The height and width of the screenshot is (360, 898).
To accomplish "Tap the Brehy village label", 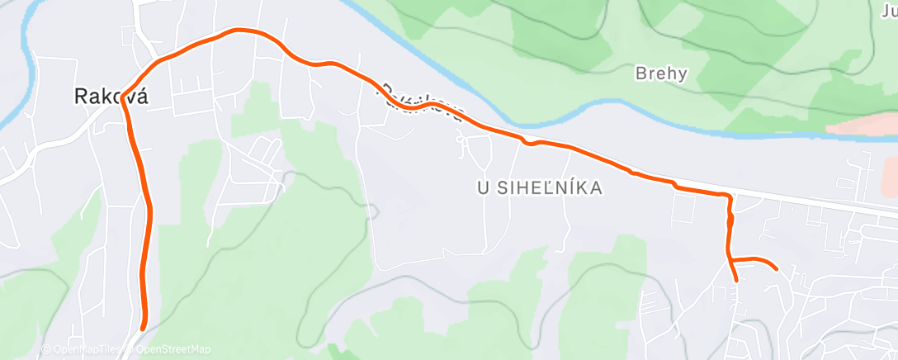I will [661, 73].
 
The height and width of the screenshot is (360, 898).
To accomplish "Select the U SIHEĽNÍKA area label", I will [540, 188].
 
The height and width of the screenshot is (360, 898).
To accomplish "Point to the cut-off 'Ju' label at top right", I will [888, 11].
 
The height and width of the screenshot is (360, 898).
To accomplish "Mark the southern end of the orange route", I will [144, 327].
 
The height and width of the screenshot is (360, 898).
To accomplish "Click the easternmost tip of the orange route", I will [776, 268].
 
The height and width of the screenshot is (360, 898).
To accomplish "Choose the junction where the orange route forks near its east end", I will [730, 260].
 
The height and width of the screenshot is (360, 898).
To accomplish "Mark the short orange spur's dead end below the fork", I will [735, 280].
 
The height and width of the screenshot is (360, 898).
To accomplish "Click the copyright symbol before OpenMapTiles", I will [46, 350].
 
